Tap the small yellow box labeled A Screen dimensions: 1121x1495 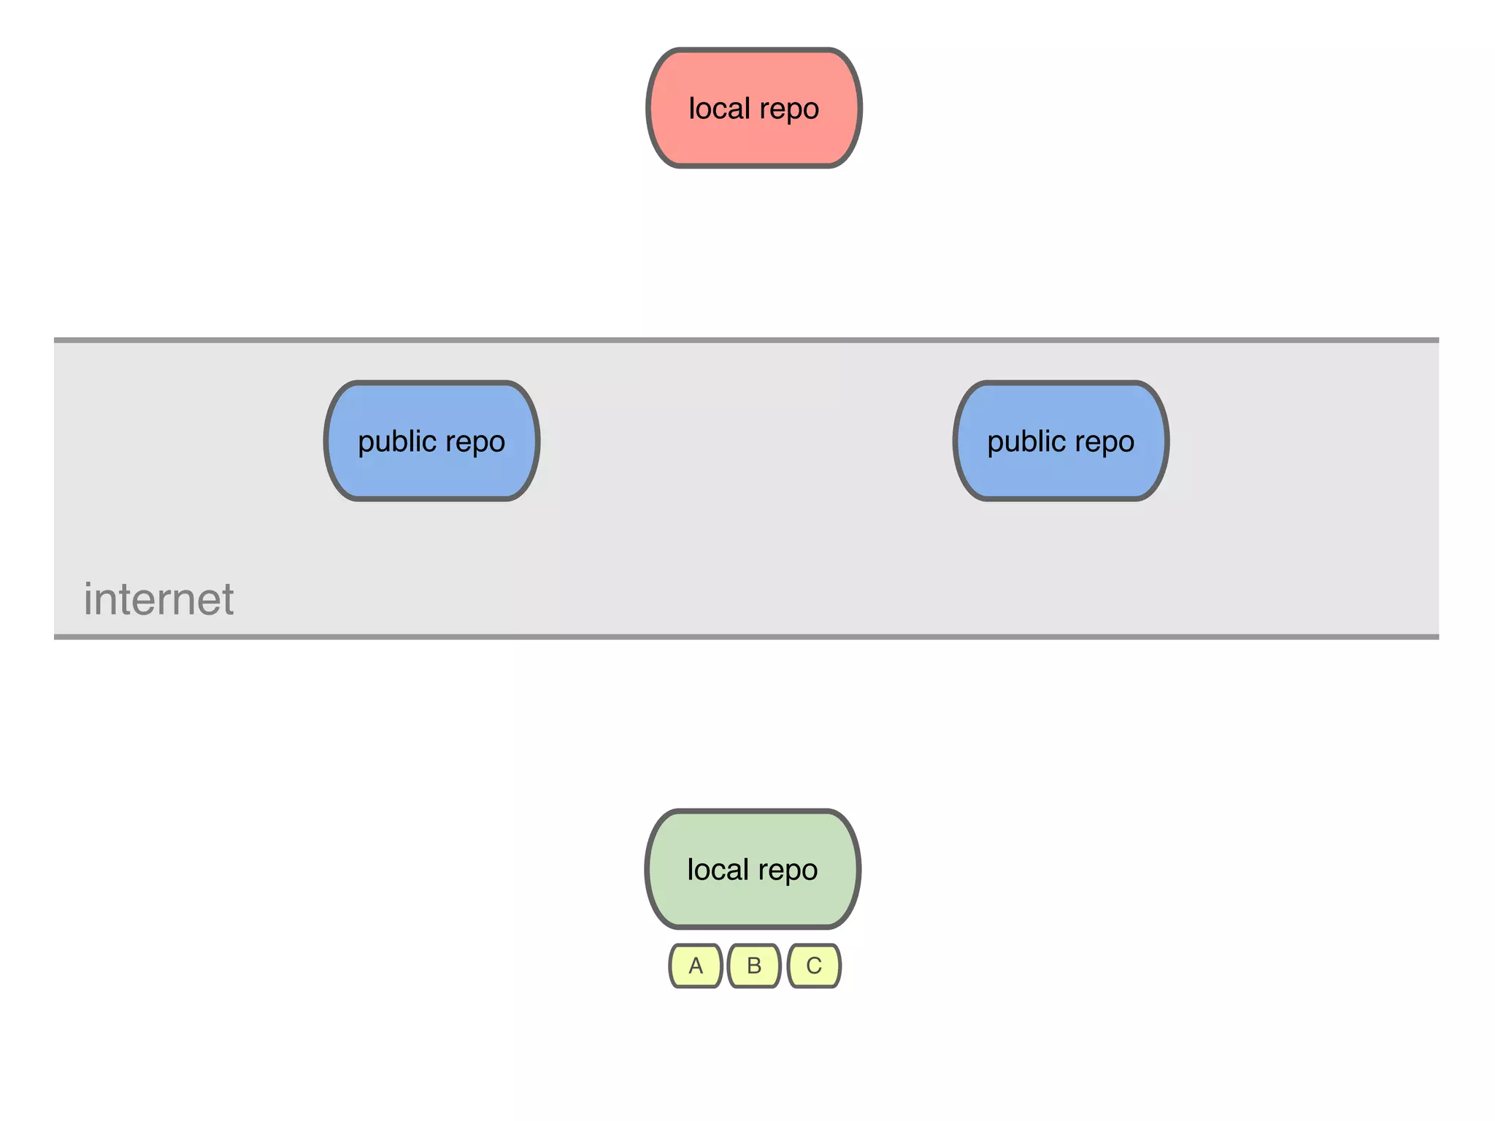point(696,966)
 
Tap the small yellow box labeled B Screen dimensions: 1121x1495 point(754,966)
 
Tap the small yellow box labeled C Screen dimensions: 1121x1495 point(814,966)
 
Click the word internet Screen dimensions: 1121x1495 point(158,600)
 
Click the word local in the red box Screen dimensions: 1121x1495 point(719,109)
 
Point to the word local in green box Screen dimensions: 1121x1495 point(718,869)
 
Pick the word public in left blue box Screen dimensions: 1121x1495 point(396,442)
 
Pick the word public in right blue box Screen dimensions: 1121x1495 point(1026,442)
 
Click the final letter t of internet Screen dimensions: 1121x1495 point(227,600)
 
